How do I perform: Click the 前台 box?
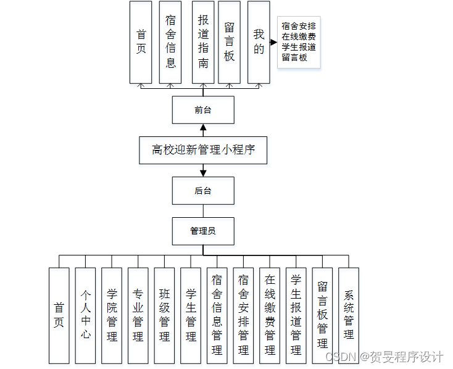[x=203, y=110]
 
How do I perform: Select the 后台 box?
[x=203, y=191]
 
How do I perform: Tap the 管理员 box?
[x=203, y=231]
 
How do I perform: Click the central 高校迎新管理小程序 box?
[x=203, y=149]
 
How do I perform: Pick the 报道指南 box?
[x=203, y=41]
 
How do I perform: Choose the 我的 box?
[x=259, y=41]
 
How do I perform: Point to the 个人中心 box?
[x=85, y=315]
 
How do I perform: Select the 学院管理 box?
[x=112, y=315]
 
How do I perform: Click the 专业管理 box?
[x=138, y=315]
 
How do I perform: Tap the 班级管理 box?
[x=164, y=315]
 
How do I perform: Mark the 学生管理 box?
[x=191, y=315]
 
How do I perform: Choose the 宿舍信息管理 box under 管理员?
[x=217, y=315]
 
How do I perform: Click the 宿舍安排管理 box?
[x=243, y=315]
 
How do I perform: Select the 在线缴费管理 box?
[x=270, y=315]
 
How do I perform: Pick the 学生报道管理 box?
[x=296, y=315]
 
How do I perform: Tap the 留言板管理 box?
[x=322, y=315]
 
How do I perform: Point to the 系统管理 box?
[x=349, y=315]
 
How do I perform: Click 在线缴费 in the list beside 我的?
[x=299, y=36]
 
